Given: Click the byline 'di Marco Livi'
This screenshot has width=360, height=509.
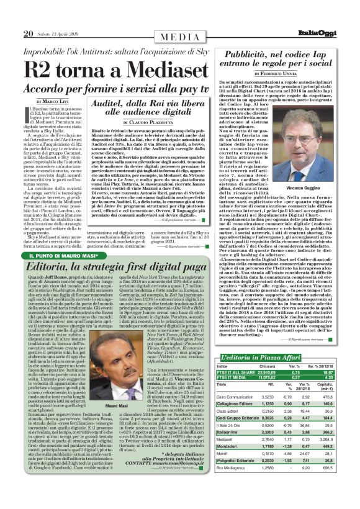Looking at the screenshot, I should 51,100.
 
